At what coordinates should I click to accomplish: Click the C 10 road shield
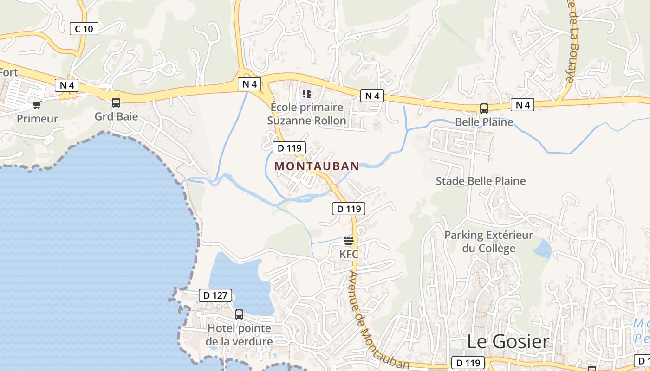(x=84, y=29)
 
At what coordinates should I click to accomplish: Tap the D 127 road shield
(x=215, y=295)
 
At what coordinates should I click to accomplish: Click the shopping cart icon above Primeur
(x=37, y=104)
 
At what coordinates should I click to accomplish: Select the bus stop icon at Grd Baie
(x=116, y=103)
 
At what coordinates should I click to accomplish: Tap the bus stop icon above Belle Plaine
(x=484, y=109)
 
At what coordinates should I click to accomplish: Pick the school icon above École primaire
(x=306, y=94)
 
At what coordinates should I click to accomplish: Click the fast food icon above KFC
(x=349, y=240)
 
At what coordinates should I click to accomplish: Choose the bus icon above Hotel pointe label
(x=239, y=314)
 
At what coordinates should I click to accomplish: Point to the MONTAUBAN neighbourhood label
(x=317, y=166)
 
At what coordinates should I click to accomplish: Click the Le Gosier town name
(x=507, y=342)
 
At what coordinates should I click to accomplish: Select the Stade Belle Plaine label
(x=481, y=181)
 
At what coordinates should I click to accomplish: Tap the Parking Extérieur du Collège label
(x=488, y=242)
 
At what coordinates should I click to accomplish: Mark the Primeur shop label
(x=37, y=119)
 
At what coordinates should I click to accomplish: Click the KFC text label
(x=349, y=254)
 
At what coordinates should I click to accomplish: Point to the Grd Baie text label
(x=116, y=116)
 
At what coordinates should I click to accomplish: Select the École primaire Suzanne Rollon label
(x=306, y=114)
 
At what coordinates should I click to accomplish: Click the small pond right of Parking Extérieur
(x=542, y=249)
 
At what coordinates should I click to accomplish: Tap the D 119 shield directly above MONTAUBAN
(x=289, y=148)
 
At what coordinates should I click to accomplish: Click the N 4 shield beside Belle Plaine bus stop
(x=522, y=105)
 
